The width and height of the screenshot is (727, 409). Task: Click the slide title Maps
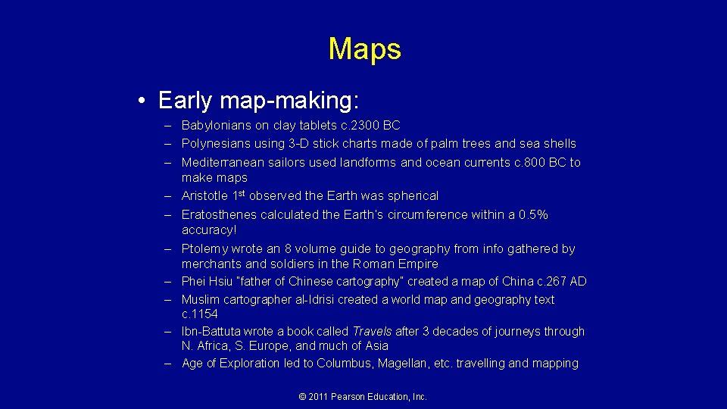(x=364, y=49)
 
